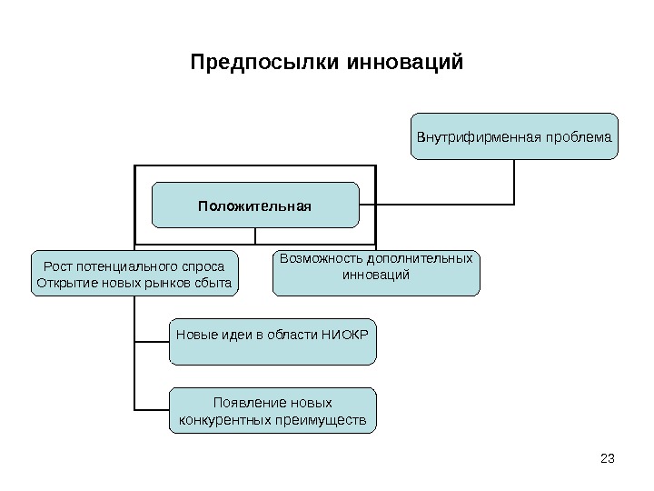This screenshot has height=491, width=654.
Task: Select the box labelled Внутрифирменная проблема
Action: [x=514, y=136]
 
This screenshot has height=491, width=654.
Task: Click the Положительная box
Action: [x=254, y=205]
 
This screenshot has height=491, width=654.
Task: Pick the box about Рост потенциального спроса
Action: [x=134, y=274]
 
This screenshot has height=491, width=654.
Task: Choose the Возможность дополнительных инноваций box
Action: [x=376, y=273]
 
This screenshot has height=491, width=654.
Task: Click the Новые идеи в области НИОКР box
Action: [x=272, y=341]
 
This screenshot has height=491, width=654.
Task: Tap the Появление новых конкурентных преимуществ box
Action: [x=272, y=410]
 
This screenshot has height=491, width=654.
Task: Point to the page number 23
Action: [x=609, y=457]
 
